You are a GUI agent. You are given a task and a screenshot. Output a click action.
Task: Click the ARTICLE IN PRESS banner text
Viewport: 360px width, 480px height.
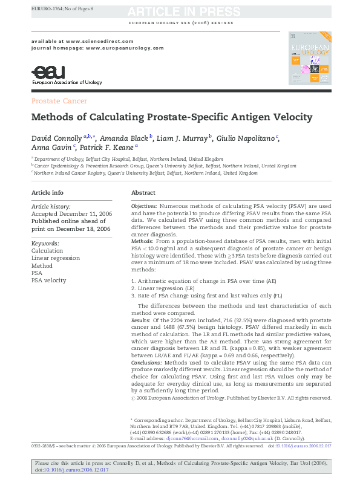click(180, 11)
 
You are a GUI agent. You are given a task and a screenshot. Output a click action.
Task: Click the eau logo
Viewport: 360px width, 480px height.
click(45, 73)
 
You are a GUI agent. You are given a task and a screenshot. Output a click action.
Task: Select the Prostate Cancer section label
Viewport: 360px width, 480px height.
click(59, 101)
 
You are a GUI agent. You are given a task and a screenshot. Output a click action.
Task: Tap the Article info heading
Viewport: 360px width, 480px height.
click(47, 193)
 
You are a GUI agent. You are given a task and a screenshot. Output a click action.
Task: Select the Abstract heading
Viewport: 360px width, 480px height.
click(143, 193)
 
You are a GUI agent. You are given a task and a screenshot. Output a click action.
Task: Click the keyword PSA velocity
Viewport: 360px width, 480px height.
click(49, 281)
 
